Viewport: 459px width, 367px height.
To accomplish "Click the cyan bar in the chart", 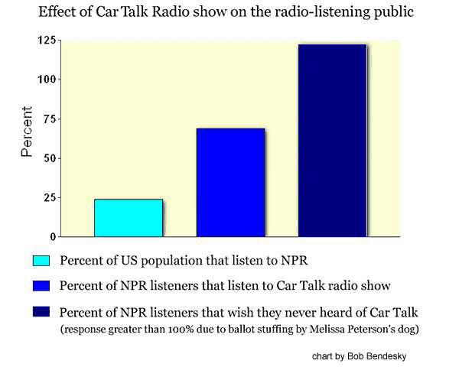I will click(128, 218).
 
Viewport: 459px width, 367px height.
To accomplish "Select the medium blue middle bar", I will click(230, 183).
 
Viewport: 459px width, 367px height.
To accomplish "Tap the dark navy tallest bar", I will click(332, 141).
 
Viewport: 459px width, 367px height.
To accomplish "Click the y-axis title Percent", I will click(26, 138).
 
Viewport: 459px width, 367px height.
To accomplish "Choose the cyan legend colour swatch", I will click(42, 260).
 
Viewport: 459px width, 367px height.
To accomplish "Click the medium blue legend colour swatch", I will click(42, 286).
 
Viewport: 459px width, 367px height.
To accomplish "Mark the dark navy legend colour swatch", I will click(42, 312).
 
